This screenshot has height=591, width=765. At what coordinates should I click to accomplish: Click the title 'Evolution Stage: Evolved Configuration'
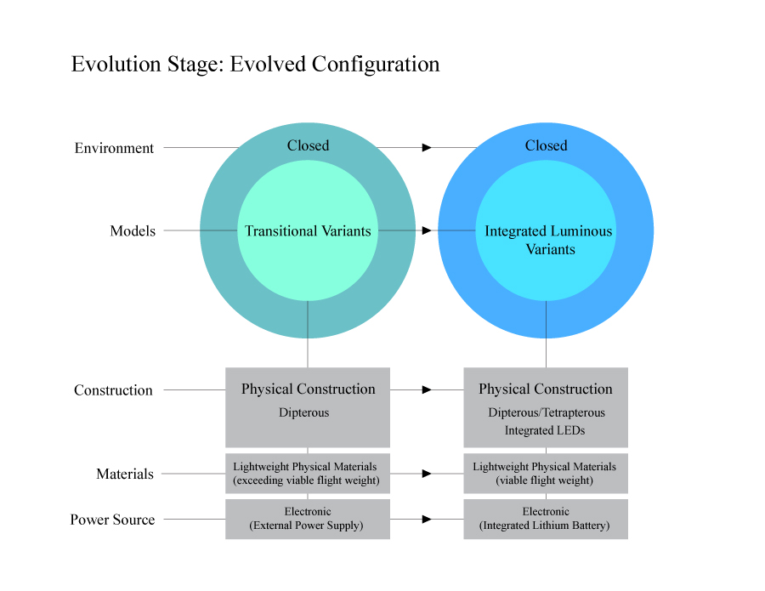click(255, 65)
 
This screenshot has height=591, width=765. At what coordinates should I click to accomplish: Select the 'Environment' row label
click(114, 148)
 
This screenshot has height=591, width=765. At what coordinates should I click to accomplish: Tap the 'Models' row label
click(133, 231)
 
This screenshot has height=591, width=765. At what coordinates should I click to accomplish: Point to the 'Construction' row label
click(113, 390)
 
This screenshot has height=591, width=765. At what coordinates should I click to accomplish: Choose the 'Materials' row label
click(125, 474)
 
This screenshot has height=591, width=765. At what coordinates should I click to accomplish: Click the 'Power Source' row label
click(112, 520)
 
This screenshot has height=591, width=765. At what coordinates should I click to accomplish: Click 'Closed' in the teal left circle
click(308, 145)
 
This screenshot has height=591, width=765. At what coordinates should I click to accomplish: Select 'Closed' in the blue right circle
click(546, 145)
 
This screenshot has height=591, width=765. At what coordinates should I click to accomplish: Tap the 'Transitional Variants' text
click(308, 231)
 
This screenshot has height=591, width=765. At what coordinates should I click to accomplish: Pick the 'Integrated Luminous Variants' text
click(548, 240)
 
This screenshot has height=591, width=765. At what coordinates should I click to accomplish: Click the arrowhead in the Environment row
click(427, 148)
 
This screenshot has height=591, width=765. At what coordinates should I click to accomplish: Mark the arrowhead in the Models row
click(427, 230)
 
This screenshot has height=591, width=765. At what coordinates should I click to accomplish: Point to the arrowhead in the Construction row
click(427, 389)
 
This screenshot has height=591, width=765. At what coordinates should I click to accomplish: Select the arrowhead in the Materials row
click(427, 474)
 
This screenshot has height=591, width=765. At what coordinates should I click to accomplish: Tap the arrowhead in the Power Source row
click(427, 519)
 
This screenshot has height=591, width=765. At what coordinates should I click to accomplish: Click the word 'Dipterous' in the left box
click(303, 412)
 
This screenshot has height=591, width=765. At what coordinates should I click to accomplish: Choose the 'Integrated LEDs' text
click(545, 430)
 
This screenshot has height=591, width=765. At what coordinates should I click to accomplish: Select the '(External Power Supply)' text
click(306, 526)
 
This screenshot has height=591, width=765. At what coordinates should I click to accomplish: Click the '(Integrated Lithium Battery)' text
click(545, 526)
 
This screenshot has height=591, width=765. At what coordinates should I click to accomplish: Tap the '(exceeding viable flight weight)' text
click(306, 480)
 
